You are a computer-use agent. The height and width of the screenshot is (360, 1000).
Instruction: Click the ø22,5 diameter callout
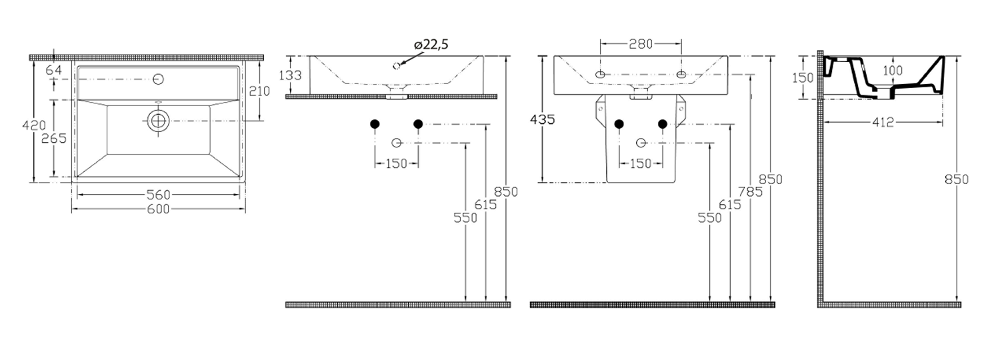[431, 45]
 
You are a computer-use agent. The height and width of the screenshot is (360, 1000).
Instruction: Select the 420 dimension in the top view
[34, 125]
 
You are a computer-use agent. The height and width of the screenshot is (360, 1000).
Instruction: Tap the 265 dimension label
[54, 139]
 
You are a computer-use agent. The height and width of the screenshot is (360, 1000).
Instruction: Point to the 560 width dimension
[159, 195]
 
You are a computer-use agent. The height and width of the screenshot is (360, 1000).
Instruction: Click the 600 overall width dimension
[159, 209]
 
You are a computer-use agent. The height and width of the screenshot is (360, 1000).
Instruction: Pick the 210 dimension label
[259, 91]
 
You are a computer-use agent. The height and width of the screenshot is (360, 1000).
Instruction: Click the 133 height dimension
[291, 75]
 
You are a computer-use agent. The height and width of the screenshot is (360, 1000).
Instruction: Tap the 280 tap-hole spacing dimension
[641, 44]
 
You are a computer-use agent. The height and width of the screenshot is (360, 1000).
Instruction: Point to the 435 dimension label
[543, 120]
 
